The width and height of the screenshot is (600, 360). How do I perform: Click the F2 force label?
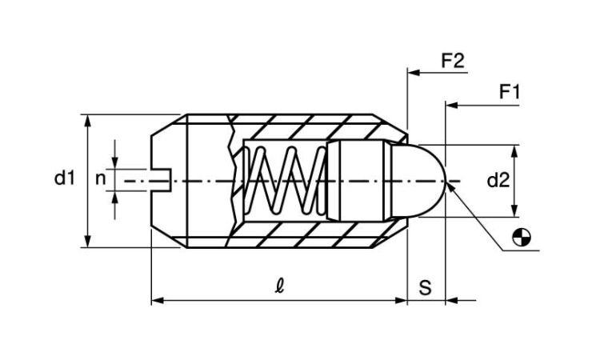[453, 61]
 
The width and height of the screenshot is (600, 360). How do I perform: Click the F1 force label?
[510, 92]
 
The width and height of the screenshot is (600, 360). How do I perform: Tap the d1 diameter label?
[65, 178]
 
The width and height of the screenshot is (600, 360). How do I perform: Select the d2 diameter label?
[498, 180]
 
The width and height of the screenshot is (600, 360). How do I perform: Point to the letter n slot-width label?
[100, 178]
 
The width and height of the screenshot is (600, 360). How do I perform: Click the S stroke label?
[425, 288]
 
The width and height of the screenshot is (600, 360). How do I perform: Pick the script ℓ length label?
[279, 286]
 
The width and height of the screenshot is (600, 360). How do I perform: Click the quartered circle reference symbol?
[522, 237]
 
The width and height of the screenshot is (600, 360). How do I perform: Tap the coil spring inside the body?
[285, 180]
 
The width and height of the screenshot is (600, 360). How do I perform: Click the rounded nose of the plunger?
[419, 181]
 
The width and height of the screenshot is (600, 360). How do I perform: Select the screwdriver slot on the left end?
[162, 180]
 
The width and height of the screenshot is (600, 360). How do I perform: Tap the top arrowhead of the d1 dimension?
[88, 121]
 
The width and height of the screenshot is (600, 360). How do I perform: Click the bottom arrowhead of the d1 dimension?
[88, 241]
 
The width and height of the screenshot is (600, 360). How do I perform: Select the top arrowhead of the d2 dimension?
[514, 151]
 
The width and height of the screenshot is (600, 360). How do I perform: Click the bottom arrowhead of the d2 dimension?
[514, 210]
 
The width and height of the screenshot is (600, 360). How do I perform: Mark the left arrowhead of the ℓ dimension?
[158, 301]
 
